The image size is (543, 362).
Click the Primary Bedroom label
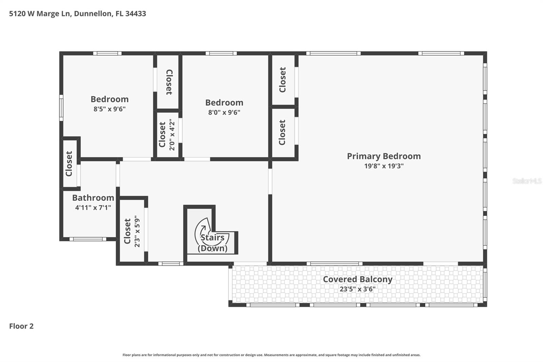coord(383,156)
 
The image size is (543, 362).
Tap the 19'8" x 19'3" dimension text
coord(383,166)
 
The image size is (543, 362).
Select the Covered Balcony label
coord(357,279)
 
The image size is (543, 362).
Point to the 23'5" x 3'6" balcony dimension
coord(357,289)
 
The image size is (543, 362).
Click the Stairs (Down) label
coord(212,243)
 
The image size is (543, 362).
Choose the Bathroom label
coord(93,198)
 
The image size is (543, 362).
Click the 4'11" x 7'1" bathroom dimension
coord(93,207)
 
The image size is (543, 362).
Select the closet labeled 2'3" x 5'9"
coord(132,231)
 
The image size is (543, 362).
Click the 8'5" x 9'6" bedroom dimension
coord(110,109)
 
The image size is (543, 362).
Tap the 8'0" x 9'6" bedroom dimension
coord(224,112)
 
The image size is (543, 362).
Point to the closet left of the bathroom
coord(69,163)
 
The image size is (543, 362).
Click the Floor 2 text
coord(21,326)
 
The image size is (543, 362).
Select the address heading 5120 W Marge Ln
coord(77,14)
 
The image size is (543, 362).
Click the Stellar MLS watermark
coord(527,181)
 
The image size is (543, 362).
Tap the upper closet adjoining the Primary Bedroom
coord(283,80)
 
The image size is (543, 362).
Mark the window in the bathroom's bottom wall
coord(88,239)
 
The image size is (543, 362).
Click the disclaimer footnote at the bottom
coord(271,355)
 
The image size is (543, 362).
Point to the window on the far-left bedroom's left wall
coord(61,108)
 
